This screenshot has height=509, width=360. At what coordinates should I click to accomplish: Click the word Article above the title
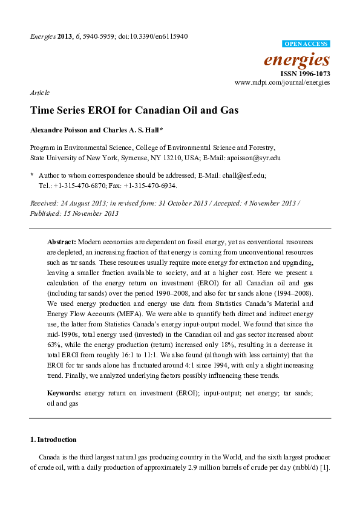39,92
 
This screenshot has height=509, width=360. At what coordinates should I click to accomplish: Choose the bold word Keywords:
64,394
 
